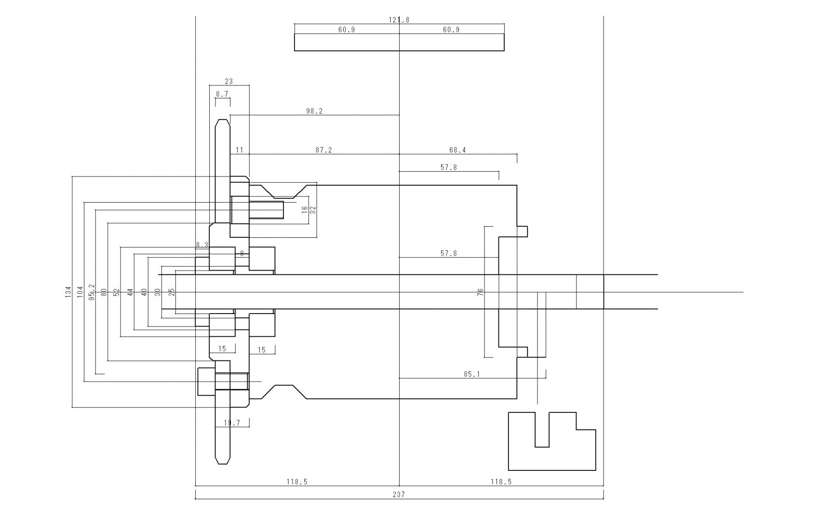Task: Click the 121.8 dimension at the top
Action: click(x=399, y=20)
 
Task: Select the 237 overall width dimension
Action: click(x=399, y=494)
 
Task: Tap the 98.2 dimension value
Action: click(x=314, y=111)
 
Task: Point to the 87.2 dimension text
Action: click(x=324, y=151)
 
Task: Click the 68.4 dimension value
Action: click(x=457, y=151)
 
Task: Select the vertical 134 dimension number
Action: click(x=68, y=291)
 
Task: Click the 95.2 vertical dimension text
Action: click(x=92, y=291)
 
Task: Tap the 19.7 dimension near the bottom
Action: click(x=232, y=423)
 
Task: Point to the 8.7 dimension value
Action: click(x=222, y=95)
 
